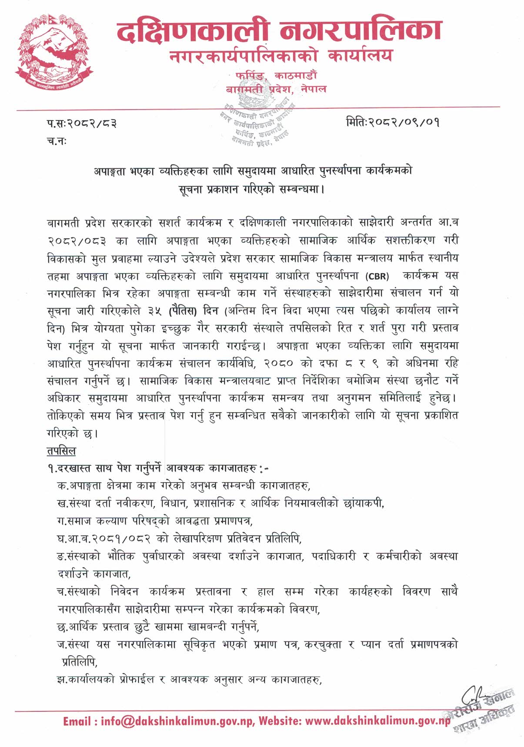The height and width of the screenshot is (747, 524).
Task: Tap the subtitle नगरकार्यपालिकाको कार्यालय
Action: click(x=280, y=56)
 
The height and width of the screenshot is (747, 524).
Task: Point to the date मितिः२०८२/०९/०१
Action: click(x=393, y=122)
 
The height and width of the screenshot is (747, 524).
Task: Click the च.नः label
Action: click(x=56, y=141)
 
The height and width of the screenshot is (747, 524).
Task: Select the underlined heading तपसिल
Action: click(x=61, y=451)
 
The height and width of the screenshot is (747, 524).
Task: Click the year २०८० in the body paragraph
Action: click(x=277, y=363)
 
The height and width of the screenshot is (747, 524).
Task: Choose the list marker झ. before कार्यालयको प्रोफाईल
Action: click(x=61, y=679)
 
